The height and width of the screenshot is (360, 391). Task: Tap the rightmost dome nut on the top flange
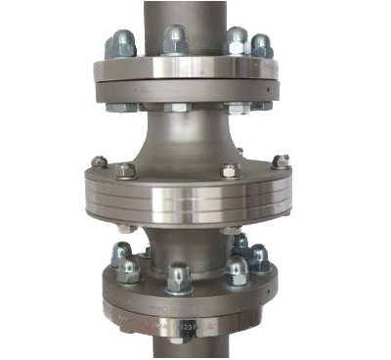tap(262, 45)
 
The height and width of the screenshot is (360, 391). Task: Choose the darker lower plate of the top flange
tap(186, 89)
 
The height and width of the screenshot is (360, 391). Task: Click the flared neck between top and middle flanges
tap(186, 137)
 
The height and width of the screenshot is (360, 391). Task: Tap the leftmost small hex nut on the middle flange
tap(99, 161)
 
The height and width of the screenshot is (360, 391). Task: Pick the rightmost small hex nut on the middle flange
tap(281, 161)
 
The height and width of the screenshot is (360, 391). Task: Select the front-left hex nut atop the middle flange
tap(125, 170)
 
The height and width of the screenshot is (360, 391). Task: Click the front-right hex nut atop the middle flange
tap(230, 170)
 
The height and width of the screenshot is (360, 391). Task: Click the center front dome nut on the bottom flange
tap(179, 278)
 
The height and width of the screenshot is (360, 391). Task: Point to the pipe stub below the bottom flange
tap(186, 347)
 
